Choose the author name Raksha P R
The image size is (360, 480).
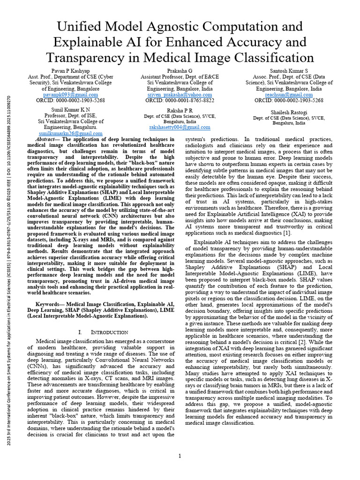[x=180, y=110]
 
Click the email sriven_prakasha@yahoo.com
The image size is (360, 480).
[x=180, y=94]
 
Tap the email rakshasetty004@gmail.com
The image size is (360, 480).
[x=180, y=127]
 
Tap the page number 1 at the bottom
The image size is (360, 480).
[x=180, y=456]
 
